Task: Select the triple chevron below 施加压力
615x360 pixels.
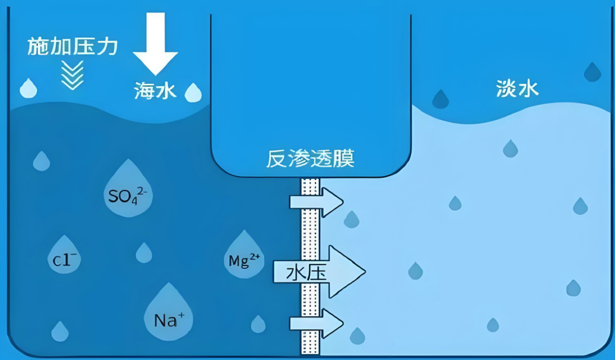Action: coord(72,75)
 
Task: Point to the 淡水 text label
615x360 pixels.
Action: coord(517,88)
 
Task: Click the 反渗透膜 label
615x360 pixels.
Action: coord(310,159)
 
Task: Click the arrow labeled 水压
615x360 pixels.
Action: coord(319,272)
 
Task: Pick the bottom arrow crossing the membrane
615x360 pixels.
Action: coord(316,324)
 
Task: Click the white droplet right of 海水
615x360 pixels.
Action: coord(194,93)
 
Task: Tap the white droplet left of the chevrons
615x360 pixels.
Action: coord(28,89)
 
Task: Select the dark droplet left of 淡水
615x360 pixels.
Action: coord(440,100)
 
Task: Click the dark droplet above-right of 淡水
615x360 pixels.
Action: coord(592,72)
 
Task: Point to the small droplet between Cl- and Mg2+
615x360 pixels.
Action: coord(144,253)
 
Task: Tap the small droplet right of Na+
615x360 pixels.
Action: coord(258,325)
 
